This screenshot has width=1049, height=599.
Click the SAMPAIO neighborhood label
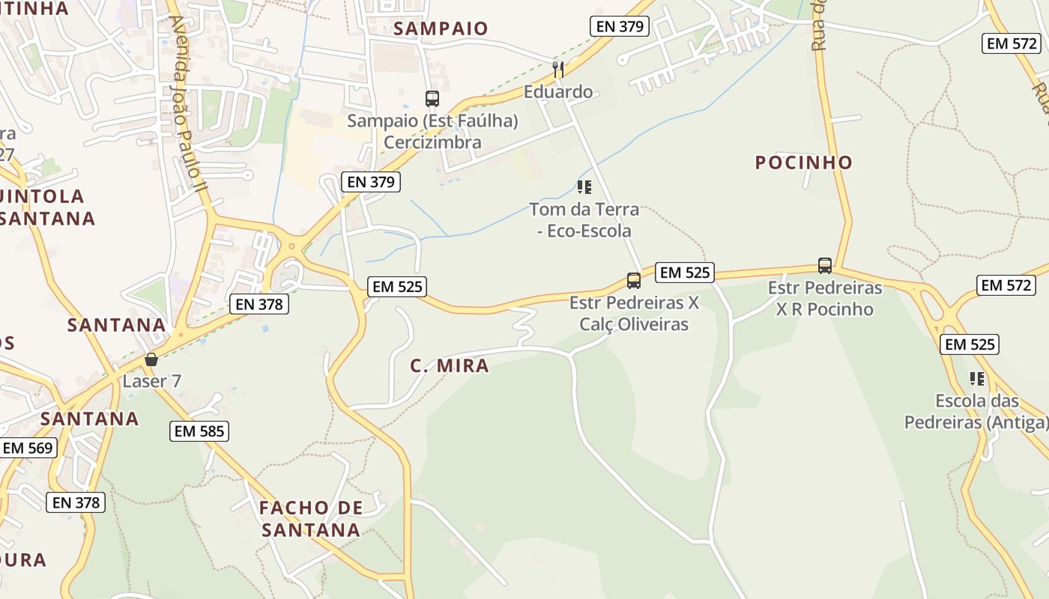pos(441,28)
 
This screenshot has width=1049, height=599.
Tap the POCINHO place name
pos(803,162)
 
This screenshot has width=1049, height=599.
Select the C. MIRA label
pos(450,365)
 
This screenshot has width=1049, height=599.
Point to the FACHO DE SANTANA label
pos(311,519)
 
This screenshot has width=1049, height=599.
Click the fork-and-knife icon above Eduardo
pos(557,70)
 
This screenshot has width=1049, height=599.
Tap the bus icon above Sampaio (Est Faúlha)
pos(432,98)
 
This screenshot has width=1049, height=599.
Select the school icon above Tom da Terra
pos(584,187)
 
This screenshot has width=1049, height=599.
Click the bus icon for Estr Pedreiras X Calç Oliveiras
pos(634,281)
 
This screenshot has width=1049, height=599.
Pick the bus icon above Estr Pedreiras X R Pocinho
pos(825,266)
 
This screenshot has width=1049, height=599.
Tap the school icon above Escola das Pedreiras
pos(976,379)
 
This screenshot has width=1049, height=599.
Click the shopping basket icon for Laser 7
pos(151,359)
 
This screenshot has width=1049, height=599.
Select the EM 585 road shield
pos(199,431)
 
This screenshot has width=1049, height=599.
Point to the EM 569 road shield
pos(28,448)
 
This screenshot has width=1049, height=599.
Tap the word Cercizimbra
pos(432,142)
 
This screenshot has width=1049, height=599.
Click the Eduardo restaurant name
pos(557,92)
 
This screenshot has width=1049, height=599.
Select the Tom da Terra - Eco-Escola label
pos(584,219)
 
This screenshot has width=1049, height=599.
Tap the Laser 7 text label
pos(151,381)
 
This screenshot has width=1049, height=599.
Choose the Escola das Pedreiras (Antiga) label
pos(976,412)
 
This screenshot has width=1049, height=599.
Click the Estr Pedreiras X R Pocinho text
pos(825,298)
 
